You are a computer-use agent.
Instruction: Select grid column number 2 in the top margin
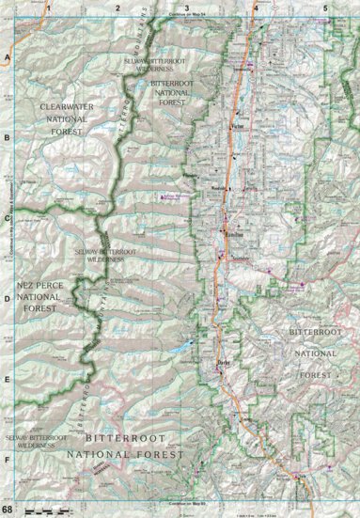point(117,7)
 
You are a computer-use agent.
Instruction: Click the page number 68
point(8,510)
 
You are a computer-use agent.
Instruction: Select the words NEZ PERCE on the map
point(36,283)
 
